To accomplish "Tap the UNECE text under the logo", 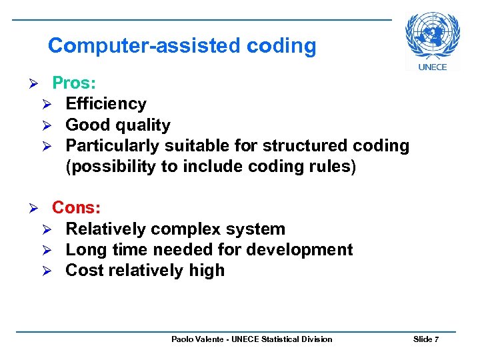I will (x=433, y=67).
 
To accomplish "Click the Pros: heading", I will (x=74, y=83).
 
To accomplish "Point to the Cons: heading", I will (x=76, y=208).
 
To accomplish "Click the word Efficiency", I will (x=106, y=104).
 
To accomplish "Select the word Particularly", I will (x=113, y=146).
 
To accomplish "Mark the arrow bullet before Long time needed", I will (x=56, y=251).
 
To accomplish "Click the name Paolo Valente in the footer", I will (x=197, y=339).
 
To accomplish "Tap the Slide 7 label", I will (x=425, y=339).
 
